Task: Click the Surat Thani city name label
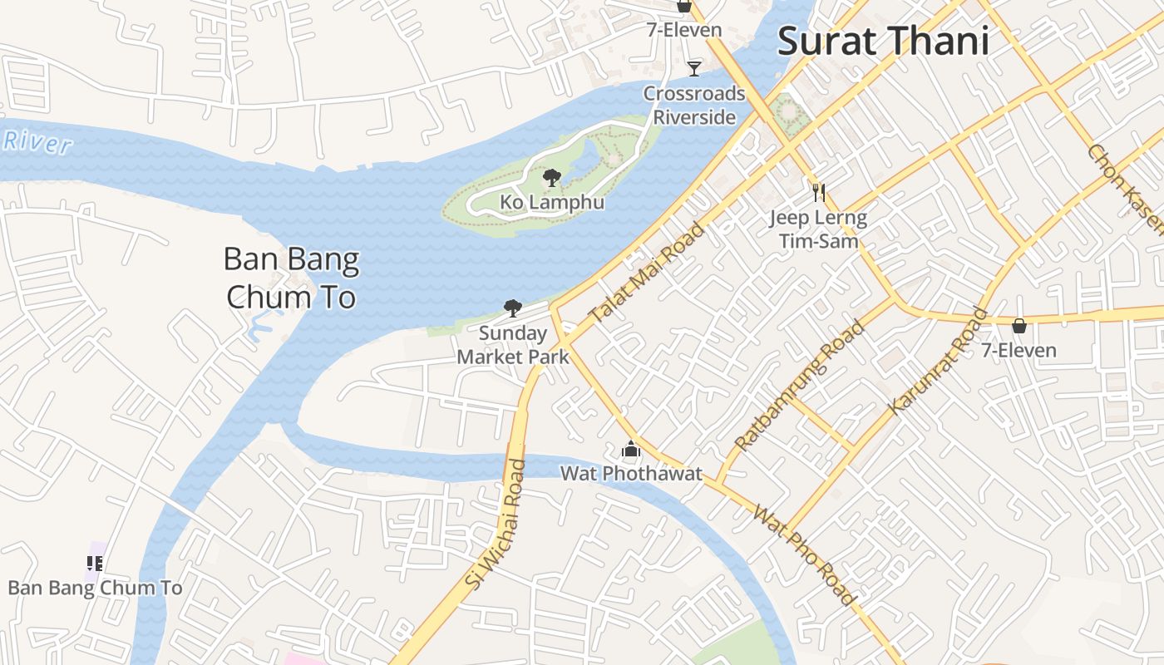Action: click(883, 42)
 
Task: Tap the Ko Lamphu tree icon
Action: click(551, 177)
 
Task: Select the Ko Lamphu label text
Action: click(551, 202)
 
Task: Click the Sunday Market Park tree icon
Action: click(513, 308)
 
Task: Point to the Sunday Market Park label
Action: click(513, 345)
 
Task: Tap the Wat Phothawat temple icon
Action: click(631, 451)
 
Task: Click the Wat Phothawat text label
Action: click(631, 474)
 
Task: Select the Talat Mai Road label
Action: click(646, 273)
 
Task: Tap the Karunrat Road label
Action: click(940, 362)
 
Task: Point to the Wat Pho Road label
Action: click(803, 554)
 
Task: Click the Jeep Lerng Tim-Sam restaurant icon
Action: click(818, 193)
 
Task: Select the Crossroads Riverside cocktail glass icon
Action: click(694, 68)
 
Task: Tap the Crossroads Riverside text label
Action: click(694, 105)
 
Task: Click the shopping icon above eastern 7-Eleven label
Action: click(1018, 326)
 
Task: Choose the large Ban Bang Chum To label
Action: click(291, 278)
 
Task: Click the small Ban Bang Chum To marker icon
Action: click(95, 564)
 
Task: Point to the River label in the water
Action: click(37, 142)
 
